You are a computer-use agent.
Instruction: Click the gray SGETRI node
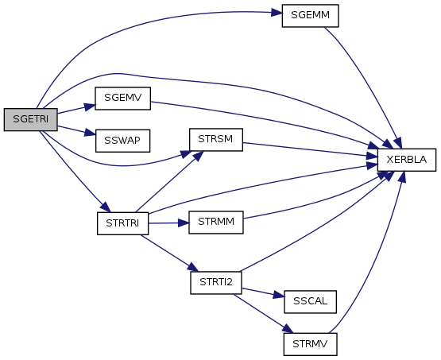coord(31,119)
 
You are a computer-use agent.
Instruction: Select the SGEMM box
coord(310,16)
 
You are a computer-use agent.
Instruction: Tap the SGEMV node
coord(122,99)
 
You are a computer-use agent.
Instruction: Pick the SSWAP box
coord(122,141)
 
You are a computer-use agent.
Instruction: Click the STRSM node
coord(215,140)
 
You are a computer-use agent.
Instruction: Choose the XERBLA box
coord(406,160)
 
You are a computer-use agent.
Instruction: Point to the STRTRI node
coord(122,223)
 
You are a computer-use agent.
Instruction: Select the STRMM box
coord(215,223)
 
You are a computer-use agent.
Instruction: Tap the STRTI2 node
coord(215,283)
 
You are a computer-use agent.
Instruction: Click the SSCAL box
coord(310,302)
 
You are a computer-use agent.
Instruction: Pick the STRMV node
coord(310,345)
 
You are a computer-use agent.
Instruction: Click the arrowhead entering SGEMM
coord(277,13)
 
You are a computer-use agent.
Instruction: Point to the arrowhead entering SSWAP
coord(91,133)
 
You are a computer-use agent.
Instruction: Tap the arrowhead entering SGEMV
coord(90,106)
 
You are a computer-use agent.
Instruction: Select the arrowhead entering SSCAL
coord(279,295)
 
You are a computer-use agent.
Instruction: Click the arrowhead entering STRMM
coord(184,223)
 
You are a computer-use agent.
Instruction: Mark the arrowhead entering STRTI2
coord(193,268)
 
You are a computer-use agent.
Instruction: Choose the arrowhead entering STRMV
coord(288,328)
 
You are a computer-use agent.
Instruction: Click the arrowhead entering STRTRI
coord(106,207)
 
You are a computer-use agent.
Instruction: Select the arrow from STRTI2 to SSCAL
coord(263,292)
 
